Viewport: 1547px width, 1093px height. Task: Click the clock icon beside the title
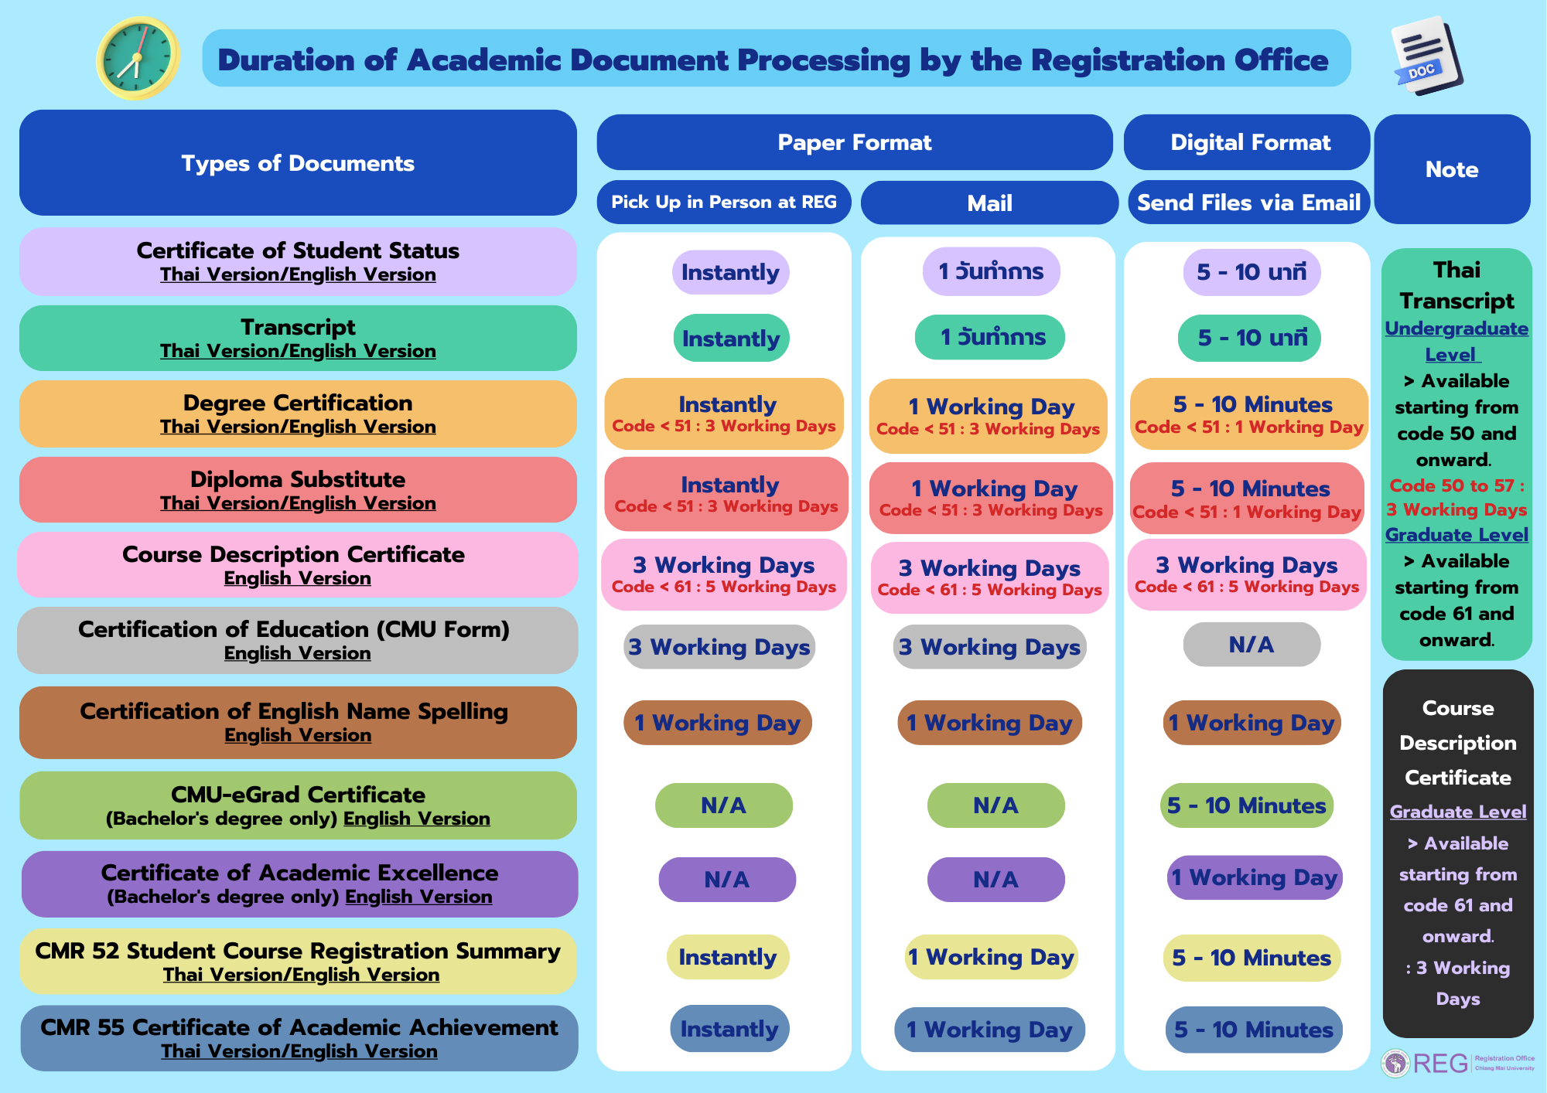coord(138,59)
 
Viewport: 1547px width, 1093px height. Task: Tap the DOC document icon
coord(1425,56)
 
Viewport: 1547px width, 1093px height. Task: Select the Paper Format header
coord(854,142)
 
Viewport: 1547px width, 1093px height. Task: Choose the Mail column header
coord(989,203)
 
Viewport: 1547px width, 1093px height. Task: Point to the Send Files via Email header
coord(1248,203)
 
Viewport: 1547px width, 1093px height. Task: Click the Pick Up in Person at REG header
coord(723,203)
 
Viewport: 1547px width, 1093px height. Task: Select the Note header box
coord(1451,169)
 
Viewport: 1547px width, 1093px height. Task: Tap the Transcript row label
coord(298,338)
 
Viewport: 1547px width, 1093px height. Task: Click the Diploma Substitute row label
coord(298,490)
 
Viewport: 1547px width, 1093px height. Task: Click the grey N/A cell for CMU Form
coord(1251,645)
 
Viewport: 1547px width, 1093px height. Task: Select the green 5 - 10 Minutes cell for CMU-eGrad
coord(1246,805)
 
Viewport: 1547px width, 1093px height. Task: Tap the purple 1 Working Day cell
coord(1253,877)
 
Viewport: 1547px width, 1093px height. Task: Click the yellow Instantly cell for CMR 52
coord(727,957)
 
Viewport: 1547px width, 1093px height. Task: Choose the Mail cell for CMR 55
coord(989,1030)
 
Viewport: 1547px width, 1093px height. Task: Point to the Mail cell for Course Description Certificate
coord(989,577)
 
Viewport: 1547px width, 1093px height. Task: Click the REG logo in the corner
coord(1439,1064)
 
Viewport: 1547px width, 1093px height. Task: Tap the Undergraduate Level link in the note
coord(1456,341)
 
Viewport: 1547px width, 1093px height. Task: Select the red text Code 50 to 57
coord(1456,485)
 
